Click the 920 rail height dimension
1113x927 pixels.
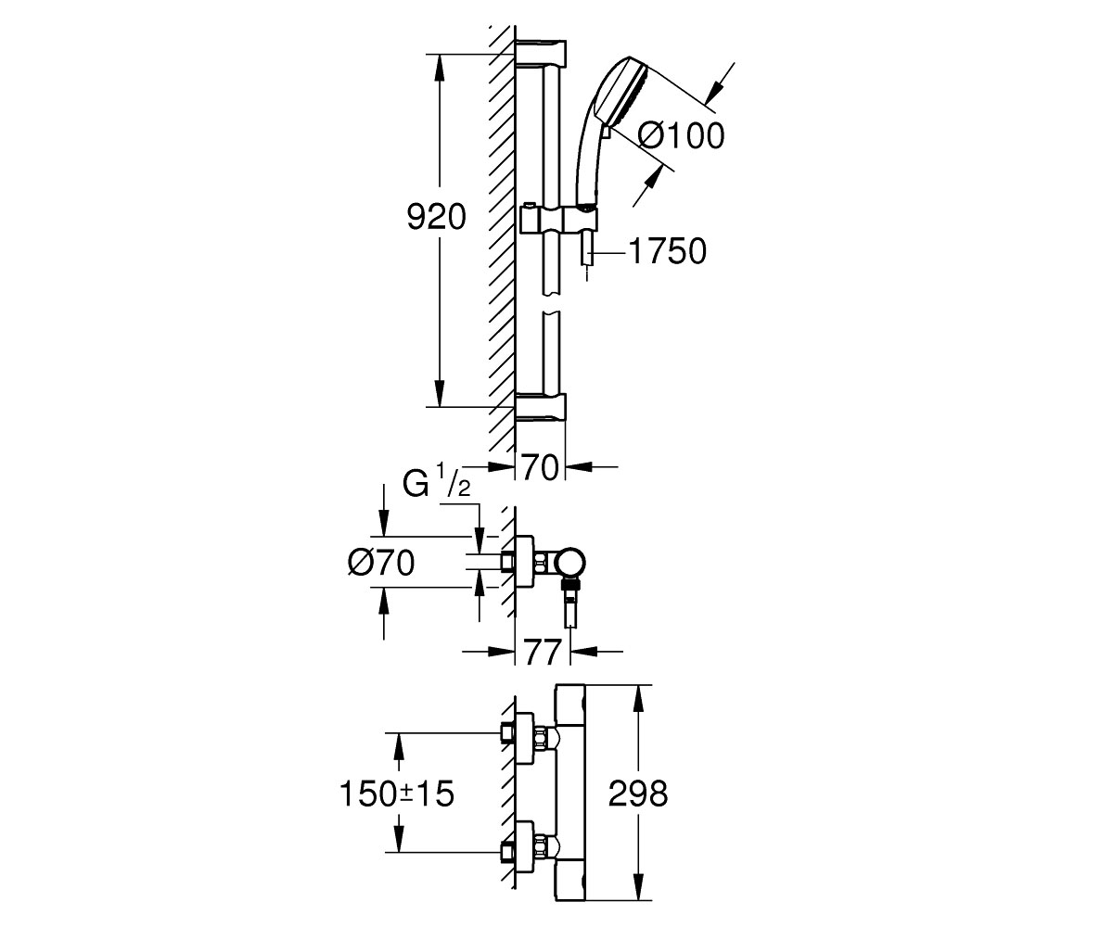pyautogui.click(x=436, y=218)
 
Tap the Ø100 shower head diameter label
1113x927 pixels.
pyautogui.click(x=681, y=136)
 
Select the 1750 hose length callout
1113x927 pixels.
pyautogui.click(x=668, y=251)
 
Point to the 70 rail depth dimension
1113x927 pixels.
pyautogui.click(x=540, y=468)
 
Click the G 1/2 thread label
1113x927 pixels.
pyautogui.click(x=437, y=481)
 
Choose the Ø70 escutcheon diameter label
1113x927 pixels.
pyautogui.click(x=380, y=563)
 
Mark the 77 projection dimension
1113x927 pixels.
pyautogui.click(x=542, y=652)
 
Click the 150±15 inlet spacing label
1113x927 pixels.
pyautogui.click(x=397, y=794)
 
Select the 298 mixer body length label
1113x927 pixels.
pyautogui.click(x=638, y=794)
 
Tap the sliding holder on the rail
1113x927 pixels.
pyautogui.click(x=557, y=220)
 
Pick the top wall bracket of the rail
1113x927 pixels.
pyautogui.click(x=541, y=52)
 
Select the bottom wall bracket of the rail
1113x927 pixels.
pyautogui.click(x=541, y=408)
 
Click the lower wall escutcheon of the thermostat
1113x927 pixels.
pyautogui.click(x=524, y=846)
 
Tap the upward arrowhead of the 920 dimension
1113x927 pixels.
pyautogui.click(x=440, y=67)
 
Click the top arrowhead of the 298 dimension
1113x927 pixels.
pyautogui.click(x=638, y=697)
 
